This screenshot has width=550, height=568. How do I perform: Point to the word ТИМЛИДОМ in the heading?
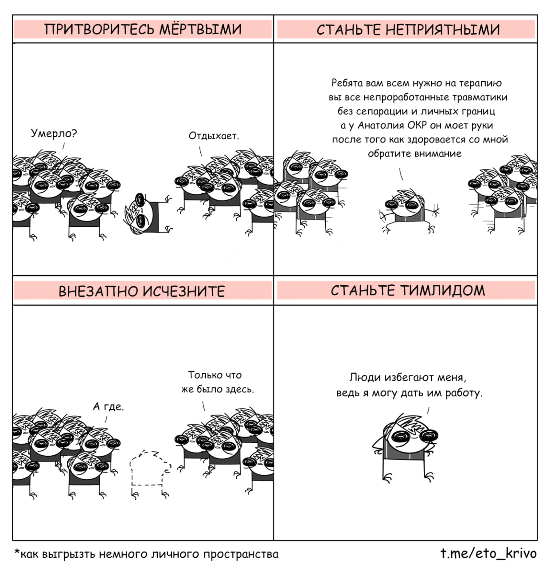[442, 290]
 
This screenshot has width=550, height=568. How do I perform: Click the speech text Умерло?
[54, 134]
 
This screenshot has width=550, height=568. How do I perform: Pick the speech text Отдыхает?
[214, 136]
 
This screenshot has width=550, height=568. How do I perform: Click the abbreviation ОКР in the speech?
[417, 125]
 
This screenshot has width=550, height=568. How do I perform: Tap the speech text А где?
[109, 406]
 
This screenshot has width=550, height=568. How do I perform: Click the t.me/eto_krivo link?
[488, 553]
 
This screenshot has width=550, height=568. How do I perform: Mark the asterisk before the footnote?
[17, 551]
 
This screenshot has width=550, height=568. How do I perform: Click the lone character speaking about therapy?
[409, 211]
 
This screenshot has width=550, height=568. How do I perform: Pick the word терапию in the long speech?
[480, 83]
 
